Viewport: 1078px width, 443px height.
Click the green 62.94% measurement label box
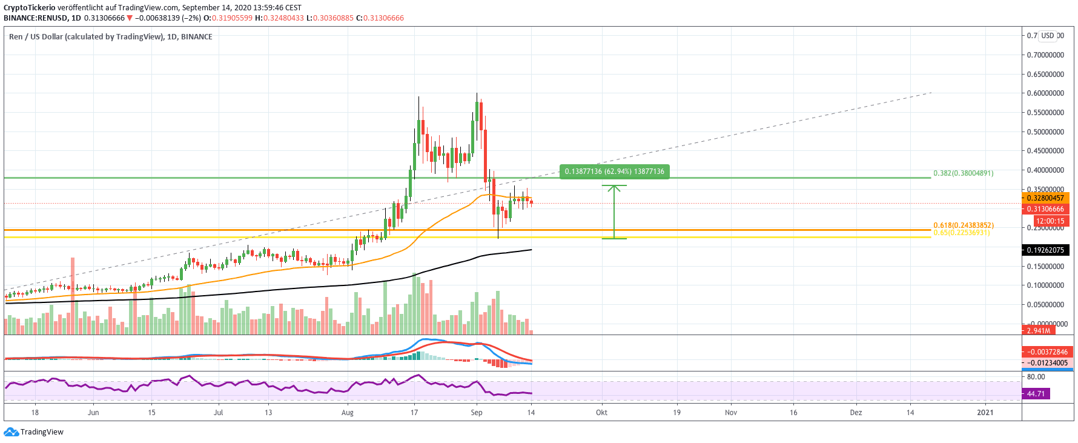tap(614, 172)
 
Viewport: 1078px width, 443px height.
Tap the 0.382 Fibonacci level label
tap(963, 173)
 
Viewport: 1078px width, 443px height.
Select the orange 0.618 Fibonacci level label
tap(963, 225)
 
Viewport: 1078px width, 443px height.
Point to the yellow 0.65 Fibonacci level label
tap(961, 233)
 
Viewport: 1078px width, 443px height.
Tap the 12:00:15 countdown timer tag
tap(1050, 221)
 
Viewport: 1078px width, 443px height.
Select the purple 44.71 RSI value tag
tap(1036, 394)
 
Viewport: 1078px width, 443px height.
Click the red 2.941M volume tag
tap(1039, 330)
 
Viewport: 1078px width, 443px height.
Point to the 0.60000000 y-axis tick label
tap(1045, 93)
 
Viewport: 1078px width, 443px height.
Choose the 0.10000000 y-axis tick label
tap(1045, 285)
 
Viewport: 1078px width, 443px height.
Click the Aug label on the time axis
tap(348, 413)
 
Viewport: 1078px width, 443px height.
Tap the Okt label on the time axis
tap(601, 413)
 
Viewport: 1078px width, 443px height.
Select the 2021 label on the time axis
tap(985, 413)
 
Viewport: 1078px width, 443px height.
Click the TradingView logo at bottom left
tap(34, 432)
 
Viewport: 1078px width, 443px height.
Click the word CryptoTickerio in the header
tap(30, 8)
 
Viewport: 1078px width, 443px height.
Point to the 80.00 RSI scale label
tap(1036, 377)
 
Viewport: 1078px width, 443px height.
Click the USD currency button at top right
tap(1048, 36)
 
